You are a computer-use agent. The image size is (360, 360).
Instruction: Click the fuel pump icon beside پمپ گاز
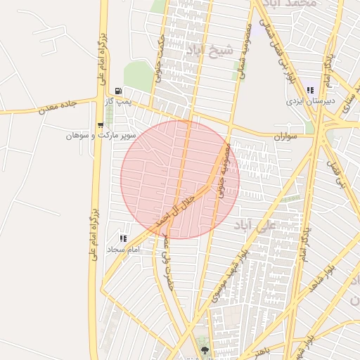pyautogui.click(x=117, y=91)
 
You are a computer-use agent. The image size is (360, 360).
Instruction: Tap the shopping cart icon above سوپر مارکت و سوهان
pyautogui.click(x=101, y=124)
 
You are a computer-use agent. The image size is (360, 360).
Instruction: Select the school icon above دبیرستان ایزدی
pyautogui.click(x=309, y=90)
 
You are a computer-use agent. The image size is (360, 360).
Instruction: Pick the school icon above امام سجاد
pyautogui.click(x=124, y=239)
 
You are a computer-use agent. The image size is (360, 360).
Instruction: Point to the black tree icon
pyautogui.click(x=205, y=349)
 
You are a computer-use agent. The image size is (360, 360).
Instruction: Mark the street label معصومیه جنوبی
pyautogui.click(x=224, y=169)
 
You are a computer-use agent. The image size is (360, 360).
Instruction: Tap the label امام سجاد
pyautogui.click(x=124, y=250)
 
